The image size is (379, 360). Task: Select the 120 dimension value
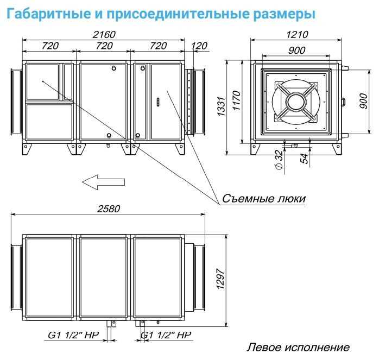coord(199,46)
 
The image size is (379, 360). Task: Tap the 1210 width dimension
coord(296,34)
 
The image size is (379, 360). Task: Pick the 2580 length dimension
coord(109,209)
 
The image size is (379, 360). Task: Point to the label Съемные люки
coord(263,199)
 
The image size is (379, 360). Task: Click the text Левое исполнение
coord(298,347)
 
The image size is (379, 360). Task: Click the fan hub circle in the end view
coord(296,102)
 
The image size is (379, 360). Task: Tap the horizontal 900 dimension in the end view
coord(296,50)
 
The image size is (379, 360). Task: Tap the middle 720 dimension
coord(104,46)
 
